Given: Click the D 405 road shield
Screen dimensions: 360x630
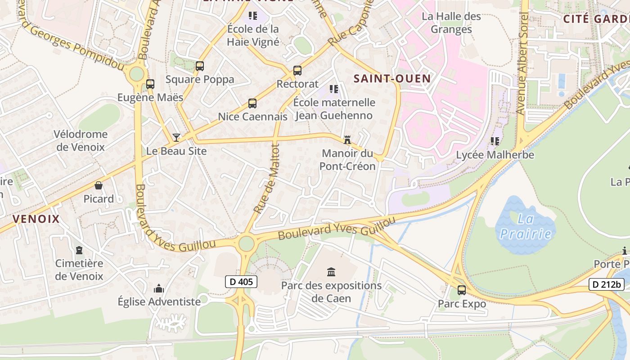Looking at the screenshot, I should (241, 282).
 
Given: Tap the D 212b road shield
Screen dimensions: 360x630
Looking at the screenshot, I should (606, 284).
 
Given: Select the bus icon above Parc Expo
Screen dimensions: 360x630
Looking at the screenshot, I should (461, 290).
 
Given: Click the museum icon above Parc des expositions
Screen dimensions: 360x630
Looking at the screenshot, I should (331, 272).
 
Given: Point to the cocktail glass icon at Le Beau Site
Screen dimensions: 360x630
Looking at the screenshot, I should (176, 137).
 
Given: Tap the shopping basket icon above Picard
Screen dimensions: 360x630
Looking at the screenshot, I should (99, 185).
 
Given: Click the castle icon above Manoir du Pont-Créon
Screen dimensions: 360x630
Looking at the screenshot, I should (347, 140).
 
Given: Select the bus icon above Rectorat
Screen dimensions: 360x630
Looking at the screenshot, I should (297, 71).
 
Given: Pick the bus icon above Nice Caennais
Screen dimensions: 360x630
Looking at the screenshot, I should (252, 103).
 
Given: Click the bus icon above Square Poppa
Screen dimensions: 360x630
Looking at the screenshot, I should (200, 66).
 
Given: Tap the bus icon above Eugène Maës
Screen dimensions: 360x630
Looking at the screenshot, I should (150, 84).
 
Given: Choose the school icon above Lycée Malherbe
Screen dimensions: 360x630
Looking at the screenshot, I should (495, 141).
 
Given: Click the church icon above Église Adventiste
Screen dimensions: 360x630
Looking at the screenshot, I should (159, 288).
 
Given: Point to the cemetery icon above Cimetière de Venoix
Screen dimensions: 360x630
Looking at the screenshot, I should (79, 250).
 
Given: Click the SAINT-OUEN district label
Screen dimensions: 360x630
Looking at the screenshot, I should (392, 78).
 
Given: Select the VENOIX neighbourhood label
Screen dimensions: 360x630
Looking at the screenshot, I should (36, 219).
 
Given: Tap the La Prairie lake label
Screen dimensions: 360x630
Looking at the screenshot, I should (526, 227).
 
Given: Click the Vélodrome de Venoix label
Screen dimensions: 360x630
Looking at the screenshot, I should (80, 140).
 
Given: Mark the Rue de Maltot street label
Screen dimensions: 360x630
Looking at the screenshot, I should (267, 179).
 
